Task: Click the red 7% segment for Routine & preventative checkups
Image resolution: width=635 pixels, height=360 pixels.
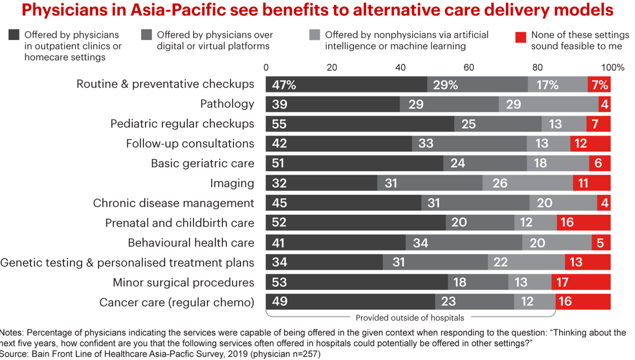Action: click(599, 84)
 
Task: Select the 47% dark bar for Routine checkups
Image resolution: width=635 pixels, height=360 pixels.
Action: click(346, 84)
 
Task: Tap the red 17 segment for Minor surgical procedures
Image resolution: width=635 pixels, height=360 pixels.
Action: click(580, 283)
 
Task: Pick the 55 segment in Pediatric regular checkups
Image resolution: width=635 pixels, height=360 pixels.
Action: click(360, 124)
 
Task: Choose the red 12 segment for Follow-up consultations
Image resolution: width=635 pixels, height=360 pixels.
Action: click(590, 144)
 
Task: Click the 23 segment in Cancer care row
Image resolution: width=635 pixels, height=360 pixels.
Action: click(474, 302)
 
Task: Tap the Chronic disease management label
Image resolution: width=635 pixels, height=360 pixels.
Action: click(173, 204)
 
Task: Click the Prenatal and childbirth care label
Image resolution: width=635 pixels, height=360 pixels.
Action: click(179, 223)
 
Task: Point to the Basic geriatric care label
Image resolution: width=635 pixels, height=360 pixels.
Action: click(202, 164)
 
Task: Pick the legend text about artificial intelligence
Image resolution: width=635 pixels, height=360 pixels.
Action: click(406, 41)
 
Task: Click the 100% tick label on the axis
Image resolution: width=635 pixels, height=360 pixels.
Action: click(612, 67)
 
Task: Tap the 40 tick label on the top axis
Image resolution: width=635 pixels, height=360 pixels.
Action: click(400, 67)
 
